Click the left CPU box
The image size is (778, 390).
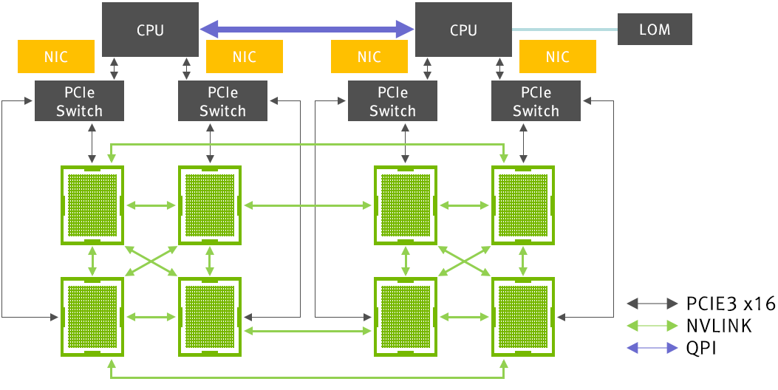[x=150, y=30]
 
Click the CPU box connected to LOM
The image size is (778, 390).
[x=463, y=30]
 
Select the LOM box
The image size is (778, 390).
[x=655, y=30]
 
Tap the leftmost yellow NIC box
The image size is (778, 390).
[x=56, y=57]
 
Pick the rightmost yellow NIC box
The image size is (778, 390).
[x=558, y=57]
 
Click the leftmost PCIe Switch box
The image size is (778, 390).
[x=79, y=102]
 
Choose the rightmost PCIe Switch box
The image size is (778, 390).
[x=536, y=102]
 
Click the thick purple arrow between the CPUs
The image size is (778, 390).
[x=307, y=30]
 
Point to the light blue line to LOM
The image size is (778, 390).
[x=565, y=30]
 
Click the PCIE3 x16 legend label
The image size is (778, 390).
[x=731, y=304]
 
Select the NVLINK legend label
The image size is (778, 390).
[x=719, y=326]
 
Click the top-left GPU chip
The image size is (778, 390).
[x=92, y=205]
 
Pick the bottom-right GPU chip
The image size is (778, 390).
[x=524, y=316]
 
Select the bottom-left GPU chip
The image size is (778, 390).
[x=92, y=316]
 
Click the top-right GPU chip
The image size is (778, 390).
[x=524, y=205]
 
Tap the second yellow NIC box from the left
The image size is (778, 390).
[x=245, y=57]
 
